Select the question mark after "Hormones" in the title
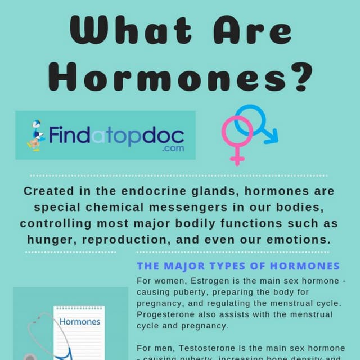click(x=295, y=76)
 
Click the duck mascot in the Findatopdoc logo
click(x=37, y=136)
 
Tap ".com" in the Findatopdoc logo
click(x=172, y=149)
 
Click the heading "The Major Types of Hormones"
click(x=238, y=265)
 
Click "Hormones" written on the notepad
click(x=80, y=322)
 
